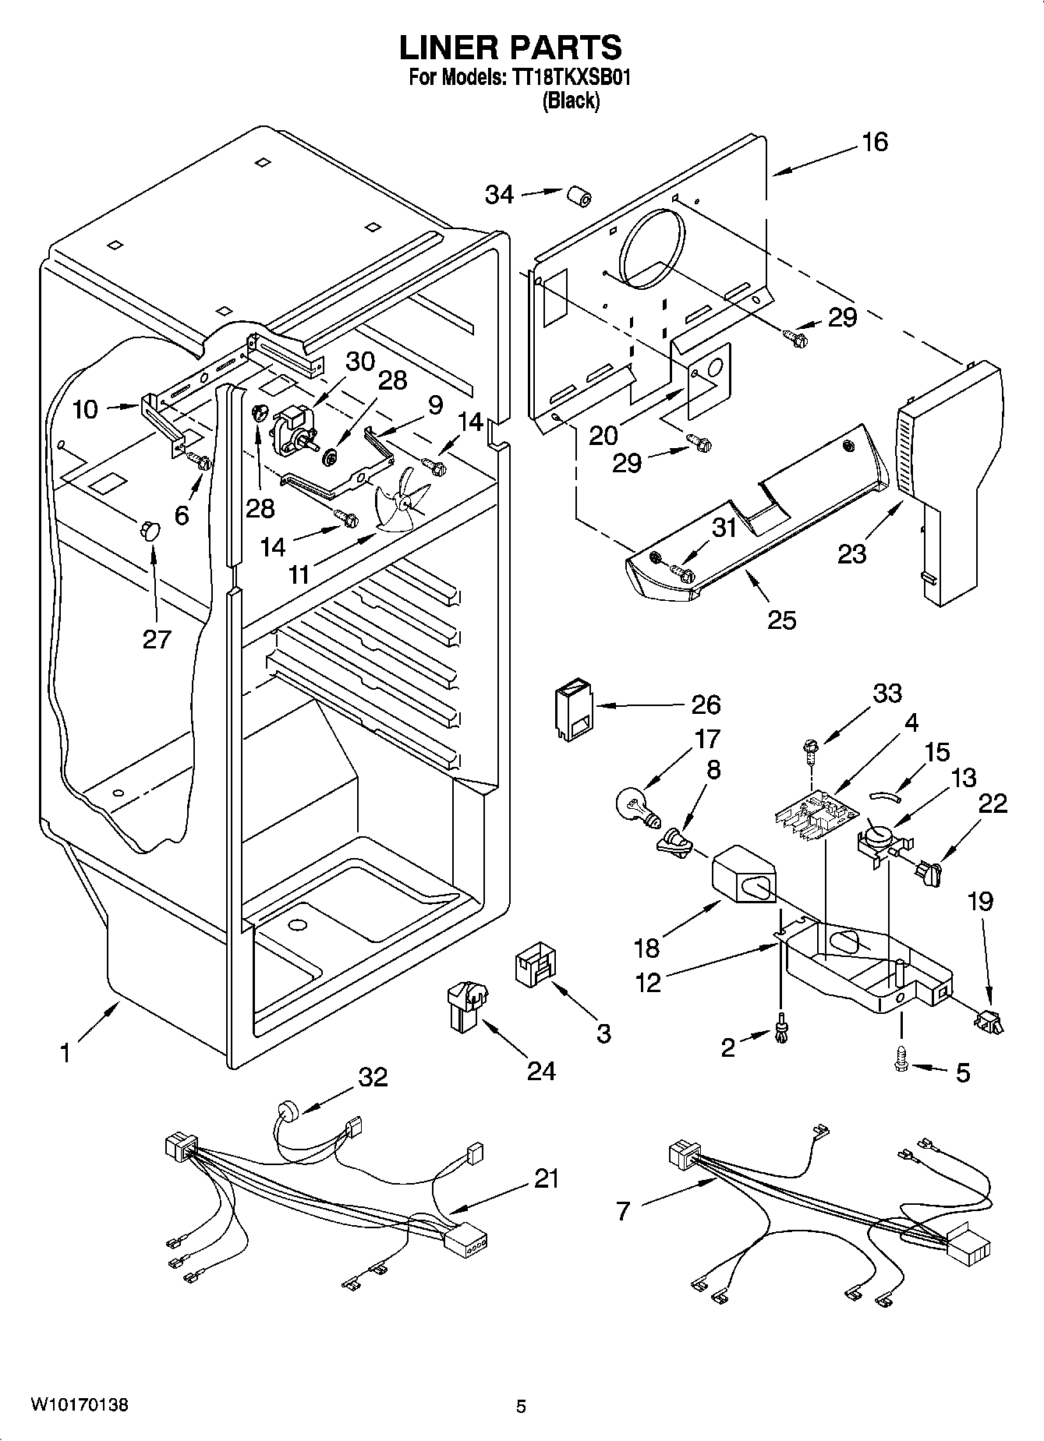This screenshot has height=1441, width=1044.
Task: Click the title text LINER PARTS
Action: pos(511,48)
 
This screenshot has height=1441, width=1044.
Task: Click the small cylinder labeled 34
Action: pos(578,196)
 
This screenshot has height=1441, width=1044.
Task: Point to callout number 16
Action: pos(875,142)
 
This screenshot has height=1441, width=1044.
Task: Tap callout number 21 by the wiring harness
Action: pos(547,1178)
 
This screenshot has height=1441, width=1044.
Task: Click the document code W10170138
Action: pos(80,1405)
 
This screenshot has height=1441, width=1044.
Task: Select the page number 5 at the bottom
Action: pos(521,1407)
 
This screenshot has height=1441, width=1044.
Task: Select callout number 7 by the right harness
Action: pos(622,1212)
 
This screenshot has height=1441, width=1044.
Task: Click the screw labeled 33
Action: pos(812,752)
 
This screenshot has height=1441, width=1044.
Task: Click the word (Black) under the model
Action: pos(571,101)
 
